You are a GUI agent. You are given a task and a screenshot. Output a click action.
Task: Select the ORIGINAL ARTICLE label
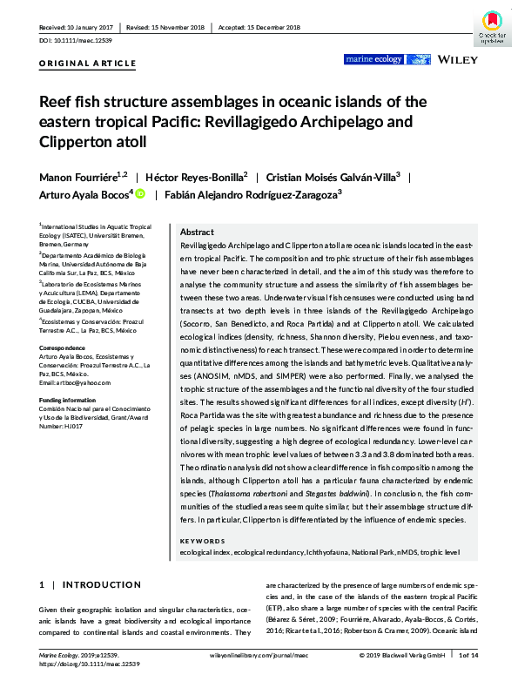(x=88, y=64)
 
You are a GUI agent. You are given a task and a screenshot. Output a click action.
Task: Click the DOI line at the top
(x=79, y=41)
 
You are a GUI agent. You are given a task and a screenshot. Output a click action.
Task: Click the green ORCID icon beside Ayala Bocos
(x=139, y=194)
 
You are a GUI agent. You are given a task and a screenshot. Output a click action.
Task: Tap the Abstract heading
(x=197, y=233)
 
